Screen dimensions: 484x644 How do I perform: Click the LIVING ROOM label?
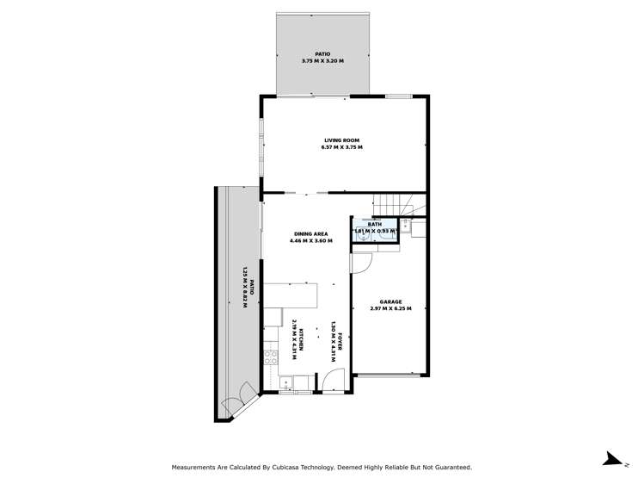pyautogui.click(x=341, y=140)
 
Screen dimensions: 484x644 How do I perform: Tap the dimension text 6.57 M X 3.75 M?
pyautogui.click(x=341, y=148)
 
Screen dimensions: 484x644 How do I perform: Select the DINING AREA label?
pyautogui.click(x=310, y=233)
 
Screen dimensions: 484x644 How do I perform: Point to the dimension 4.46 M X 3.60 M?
pyautogui.click(x=310, y=240)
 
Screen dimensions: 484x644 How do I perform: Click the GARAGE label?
pyautogui.click(x=391, y=301)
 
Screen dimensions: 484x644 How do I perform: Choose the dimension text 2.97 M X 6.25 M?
pyautogui.click(x=391, y=308)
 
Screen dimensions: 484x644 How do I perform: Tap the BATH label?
pyautogui.click(x=375, y=224)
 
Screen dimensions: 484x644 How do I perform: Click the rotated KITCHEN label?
pyautogui.click(x=300, y=338)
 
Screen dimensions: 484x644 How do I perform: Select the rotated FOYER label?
pyautogui.click(x=340, y=339)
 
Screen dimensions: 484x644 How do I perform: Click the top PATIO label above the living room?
pyautogui.click(x=322, y=53)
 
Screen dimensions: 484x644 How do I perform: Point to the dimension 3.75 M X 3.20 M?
pyautogui.click(x=322, y=61)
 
